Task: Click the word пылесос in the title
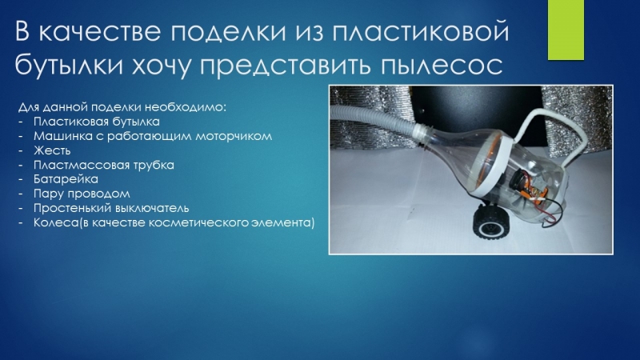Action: click(x=442, y=66)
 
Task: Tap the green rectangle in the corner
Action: click(x=566, y=30)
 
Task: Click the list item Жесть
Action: click(x=52, y=150)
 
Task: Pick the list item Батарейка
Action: click(x=66, y=179)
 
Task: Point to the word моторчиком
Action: click(x=234, y=137)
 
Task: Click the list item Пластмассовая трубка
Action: click(x=104, y=165)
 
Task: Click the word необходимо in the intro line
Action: click(x=186, y=107)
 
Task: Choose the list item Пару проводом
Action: click(x=82, y=194)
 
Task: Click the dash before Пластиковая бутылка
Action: click(x=21, y=122)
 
